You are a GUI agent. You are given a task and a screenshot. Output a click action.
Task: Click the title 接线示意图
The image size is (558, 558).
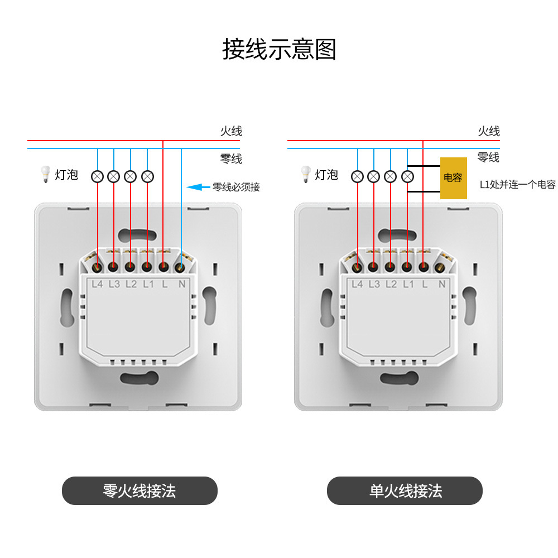point(279,49)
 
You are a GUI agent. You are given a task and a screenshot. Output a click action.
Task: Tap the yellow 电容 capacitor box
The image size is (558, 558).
point(453,178)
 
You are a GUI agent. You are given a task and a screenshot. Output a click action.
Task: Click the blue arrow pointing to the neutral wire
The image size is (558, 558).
point(197,187)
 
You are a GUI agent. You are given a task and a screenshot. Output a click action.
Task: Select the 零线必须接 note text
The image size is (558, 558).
point(236,187)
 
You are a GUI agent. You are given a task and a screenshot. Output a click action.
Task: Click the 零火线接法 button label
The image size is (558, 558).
point(139,490)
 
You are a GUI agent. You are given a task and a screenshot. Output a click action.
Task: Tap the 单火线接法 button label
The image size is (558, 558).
point(405,490)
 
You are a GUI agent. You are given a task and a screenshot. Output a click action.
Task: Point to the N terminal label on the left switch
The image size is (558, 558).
point(181,284)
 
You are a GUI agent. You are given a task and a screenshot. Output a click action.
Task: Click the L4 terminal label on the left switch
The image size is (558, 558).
point(97,284)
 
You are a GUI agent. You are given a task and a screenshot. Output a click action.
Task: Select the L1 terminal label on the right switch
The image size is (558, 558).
point(408,284)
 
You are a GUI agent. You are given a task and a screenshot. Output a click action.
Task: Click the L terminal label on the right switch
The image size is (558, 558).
point(425,284)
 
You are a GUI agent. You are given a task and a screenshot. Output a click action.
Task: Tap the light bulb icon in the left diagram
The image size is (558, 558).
point(45,175)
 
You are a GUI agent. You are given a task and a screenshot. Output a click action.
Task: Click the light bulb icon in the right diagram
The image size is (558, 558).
point(305,175)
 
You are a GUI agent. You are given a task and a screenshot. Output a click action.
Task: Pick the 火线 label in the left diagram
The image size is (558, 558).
point(231,132)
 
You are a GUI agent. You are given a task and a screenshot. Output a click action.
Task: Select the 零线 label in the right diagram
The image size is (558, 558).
point(489,157)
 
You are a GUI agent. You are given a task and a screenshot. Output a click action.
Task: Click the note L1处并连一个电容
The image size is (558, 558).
point(518,185)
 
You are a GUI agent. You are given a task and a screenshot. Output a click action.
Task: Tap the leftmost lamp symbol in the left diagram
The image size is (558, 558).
point(97,176)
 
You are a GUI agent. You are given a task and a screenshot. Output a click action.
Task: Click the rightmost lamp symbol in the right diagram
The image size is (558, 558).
point(408,176)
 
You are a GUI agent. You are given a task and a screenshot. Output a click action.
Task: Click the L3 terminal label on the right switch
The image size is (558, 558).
point(374,284)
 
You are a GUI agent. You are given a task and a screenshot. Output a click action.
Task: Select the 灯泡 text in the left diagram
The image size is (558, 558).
point(66,175)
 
